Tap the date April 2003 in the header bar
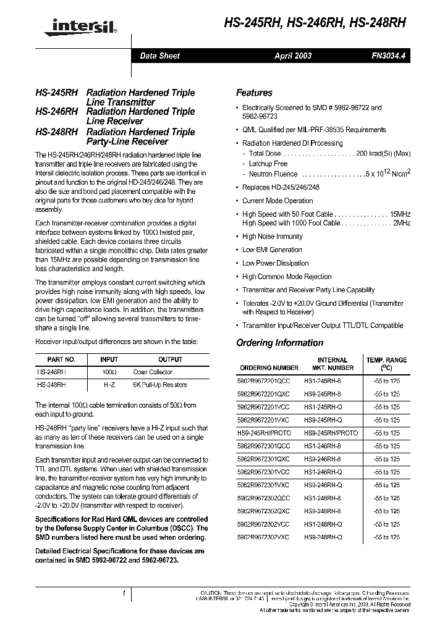(293, 56)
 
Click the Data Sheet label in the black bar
(159, 56)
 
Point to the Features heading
(254, 93)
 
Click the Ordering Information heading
(279, 343)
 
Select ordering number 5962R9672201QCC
(265, 381)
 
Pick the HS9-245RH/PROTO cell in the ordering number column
(265, 433)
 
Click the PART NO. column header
(61, 359)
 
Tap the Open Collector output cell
(153, 372)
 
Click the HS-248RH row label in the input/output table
(51, 384)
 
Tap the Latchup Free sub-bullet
(268, 164)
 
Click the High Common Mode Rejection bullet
(287, 277)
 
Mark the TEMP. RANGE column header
(386, 363)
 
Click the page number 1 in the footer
(124, 594)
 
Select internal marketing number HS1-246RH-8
(322, 446)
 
